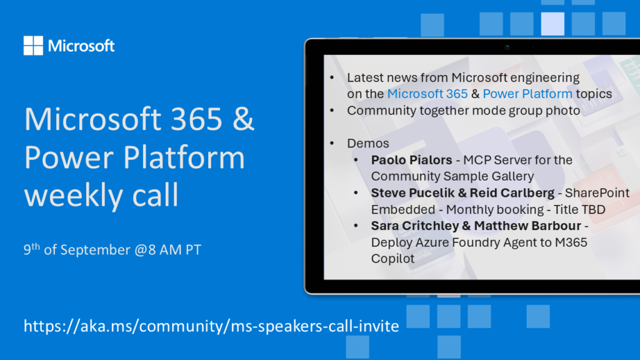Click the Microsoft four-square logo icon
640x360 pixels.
(x=33, y=45)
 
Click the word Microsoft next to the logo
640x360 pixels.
(x=81, y=46)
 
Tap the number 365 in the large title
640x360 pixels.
(x=196, y=119)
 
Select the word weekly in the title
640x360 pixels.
(x=74, y=195)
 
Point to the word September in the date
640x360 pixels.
(x=95, y=250)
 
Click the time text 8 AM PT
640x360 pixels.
(x=175, y=250)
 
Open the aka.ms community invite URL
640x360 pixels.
(x=211, y=326)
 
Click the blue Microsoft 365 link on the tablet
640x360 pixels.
(x=427, y=94)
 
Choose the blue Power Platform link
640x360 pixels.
(x=527, y=94)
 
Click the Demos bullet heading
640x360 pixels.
(x=367, y=143)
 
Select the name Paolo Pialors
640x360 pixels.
(x=411, y=160)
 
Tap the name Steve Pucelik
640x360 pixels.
(x=414, y=192)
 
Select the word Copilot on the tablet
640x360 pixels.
(x=392, y=259)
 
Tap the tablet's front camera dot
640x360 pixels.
(x=507, y=47)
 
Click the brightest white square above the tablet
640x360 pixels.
(x=552, y=24)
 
